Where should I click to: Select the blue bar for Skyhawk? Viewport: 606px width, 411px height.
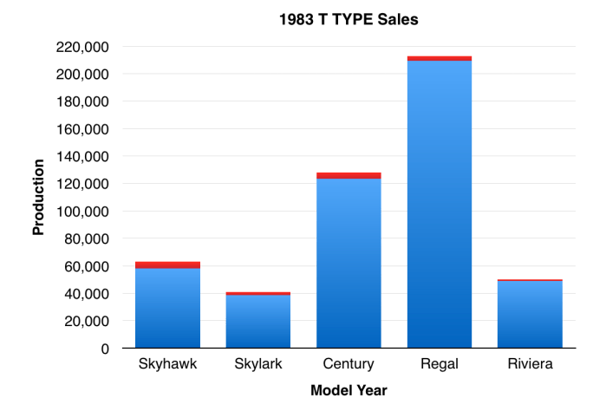click(x=167, y=308)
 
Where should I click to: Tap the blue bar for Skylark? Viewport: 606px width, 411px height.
click(x=258, y=321)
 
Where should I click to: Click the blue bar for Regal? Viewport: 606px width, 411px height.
click(x=440, y=205)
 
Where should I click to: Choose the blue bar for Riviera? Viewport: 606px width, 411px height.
click(x=530, y=314)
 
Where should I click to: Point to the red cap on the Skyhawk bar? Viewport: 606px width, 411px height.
click(x=167, y=264)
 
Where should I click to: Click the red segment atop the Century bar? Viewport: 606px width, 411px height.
click(x=349, y=175)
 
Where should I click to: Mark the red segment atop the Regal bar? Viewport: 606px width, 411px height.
click(x=440, y=58)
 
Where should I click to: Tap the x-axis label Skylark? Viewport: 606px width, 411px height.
click(x=258, y=363)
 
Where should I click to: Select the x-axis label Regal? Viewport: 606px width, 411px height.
click(x=440, y=363)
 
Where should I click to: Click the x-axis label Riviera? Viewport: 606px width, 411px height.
click(x=530, y=363)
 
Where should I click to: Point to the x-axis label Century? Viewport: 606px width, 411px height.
click(x=349, y=363)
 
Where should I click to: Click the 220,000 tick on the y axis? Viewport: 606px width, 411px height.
click(x=82, y=47)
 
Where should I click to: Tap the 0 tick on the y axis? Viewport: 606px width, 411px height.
click(x=103, y=349)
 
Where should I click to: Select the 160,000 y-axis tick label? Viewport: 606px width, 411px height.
click(x=82, y=129)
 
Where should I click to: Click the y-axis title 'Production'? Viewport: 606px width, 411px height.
click(x=39, y=197)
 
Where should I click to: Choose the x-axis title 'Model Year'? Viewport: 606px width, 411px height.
click(x=349, y=390)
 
